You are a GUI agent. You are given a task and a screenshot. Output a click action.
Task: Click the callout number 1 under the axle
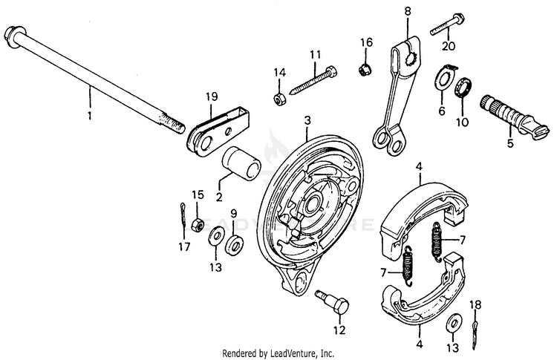(90, 117)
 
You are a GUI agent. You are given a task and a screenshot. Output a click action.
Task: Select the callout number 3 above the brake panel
(306, 121)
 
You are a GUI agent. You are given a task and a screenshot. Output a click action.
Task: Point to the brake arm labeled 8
(397, 93)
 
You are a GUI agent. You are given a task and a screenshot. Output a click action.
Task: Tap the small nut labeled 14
(280, 99)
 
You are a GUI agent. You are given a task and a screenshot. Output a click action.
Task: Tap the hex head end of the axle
(13, 35)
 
